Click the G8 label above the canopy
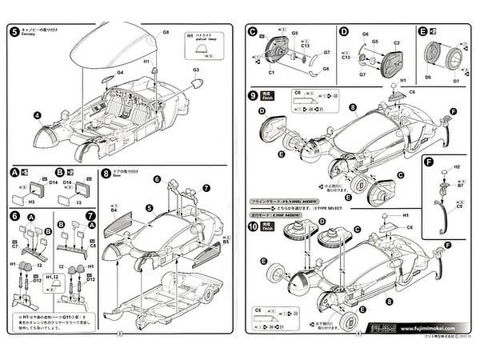pos(166,32)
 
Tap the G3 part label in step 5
pos(194,70)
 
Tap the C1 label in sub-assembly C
pos(272,72)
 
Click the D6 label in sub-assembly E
pos(428,77)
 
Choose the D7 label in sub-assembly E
pos(457,80)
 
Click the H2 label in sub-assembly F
pos(458,166)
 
